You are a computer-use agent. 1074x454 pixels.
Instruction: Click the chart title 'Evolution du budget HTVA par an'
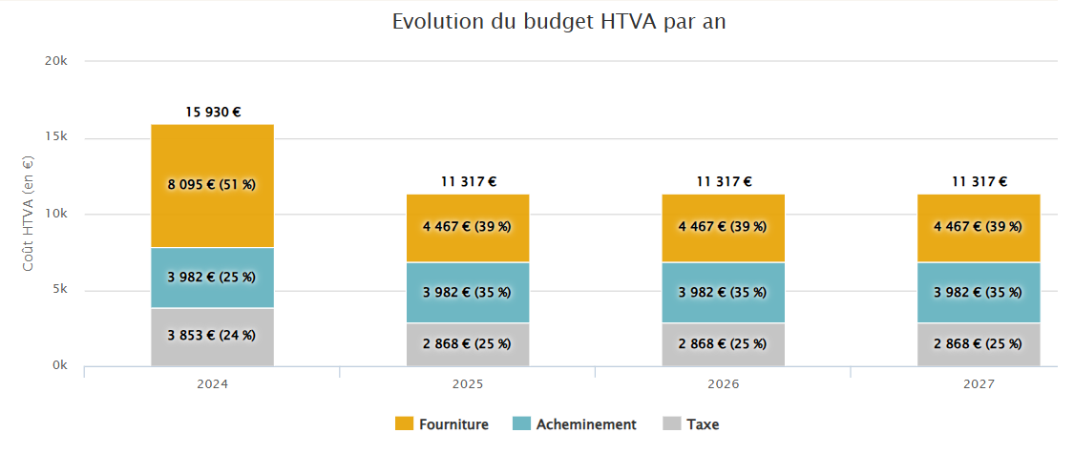[558, 22]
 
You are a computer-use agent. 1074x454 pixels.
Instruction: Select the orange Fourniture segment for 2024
[212, 153]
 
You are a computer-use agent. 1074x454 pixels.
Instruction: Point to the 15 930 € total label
[213, 113]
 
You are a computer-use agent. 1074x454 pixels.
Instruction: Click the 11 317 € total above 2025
[468, 181]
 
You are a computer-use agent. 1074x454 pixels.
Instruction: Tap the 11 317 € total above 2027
[979, 181]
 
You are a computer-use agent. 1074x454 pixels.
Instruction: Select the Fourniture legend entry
[442, 424]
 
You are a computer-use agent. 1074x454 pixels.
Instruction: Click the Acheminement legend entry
[574, 424]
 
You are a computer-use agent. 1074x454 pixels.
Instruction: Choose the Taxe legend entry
[690, 424]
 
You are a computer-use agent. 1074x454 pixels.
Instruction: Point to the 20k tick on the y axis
[56, 61]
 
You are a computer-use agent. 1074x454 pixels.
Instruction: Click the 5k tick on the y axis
[59, 290]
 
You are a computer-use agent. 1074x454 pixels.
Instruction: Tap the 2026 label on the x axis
[723, 384]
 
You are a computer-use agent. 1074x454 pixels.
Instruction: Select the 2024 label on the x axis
[212, 384]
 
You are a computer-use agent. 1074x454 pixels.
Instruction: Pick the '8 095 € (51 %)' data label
[213, 185]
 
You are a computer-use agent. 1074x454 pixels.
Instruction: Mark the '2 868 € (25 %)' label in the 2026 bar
[723, 344]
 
